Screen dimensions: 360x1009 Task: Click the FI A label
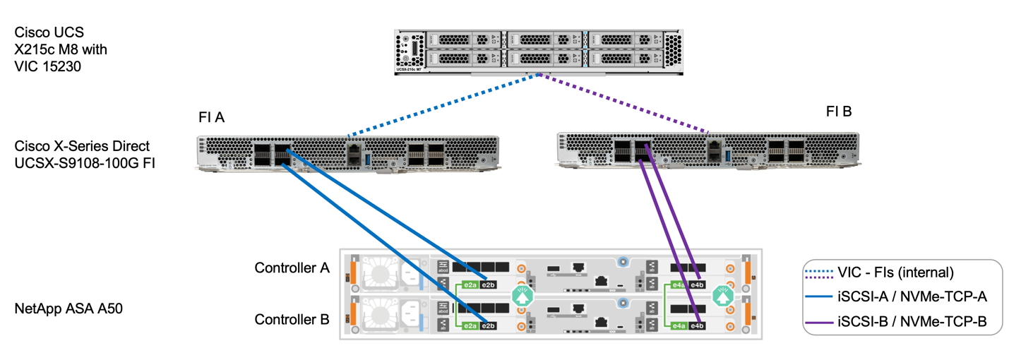click(211, 118)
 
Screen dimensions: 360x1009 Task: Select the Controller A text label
click(292, 268)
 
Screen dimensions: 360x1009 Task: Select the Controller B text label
click(292, 320)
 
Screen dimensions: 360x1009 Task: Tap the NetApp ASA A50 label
click(68, 308)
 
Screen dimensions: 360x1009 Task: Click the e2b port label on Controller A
click(489, 284)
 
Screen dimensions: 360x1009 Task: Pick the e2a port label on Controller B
click(469, 325)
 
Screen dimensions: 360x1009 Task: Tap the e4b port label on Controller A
click(697, 284)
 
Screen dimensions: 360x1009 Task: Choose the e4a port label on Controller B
click(677, 325)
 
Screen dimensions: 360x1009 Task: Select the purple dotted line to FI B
click(625, 105)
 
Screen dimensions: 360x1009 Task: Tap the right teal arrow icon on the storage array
click(722, 297)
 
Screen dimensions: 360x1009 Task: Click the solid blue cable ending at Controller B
click(381, 239)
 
